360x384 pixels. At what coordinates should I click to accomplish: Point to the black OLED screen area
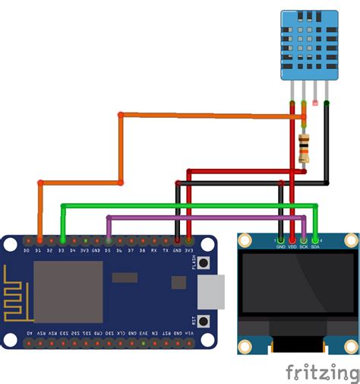(298, 283)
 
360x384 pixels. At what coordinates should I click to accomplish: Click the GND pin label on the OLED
(281, 246)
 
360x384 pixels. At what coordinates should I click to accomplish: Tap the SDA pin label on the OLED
(316, 246)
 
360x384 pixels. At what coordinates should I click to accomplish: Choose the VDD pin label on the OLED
(292, 246)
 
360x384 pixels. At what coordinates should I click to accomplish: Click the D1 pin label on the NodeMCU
(39, 249)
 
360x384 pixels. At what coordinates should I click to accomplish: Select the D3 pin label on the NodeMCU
(62, 249)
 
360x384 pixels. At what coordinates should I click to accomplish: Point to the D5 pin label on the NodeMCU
(108, 249)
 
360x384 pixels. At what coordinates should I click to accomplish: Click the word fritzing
(322, 372)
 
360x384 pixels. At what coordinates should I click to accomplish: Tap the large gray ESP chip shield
(68, 291)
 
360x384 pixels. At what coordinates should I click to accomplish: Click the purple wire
(205, 217)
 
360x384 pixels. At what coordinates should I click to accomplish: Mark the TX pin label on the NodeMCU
(166, 249)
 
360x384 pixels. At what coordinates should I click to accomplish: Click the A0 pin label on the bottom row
(27, 333)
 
